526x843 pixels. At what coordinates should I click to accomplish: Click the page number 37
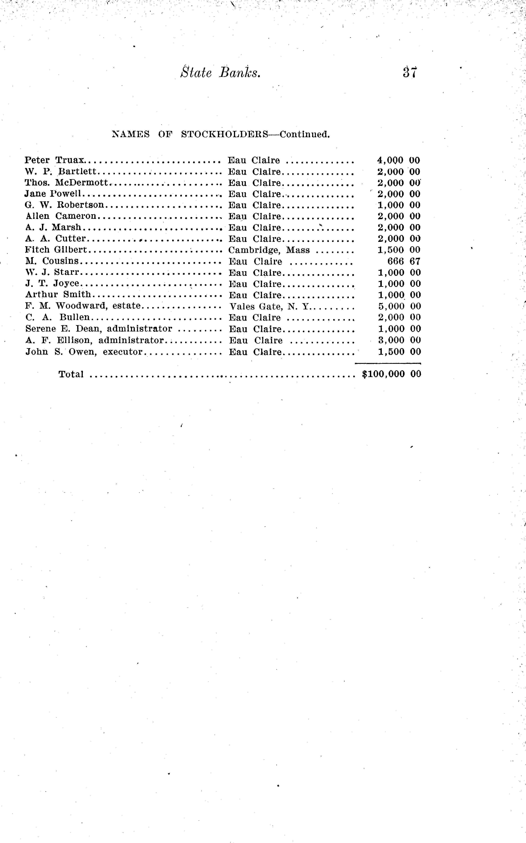tap(410, 72)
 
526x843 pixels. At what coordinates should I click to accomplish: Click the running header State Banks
tap(221, 72)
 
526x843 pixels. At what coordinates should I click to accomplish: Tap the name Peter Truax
tap(55, 160)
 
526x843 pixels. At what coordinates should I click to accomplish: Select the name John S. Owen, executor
tap(84, 352)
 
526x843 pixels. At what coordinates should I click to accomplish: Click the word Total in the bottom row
tap(71, 374)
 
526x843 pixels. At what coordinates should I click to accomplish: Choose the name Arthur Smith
tap(58, 295)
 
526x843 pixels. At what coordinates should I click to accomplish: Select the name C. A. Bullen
tap(57, 317)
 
